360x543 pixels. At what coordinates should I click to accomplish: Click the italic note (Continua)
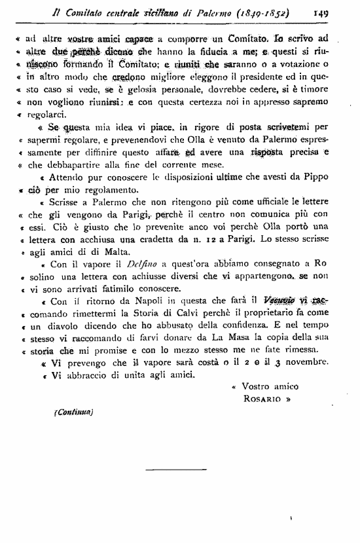click(74, 413)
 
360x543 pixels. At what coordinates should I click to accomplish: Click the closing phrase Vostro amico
click(266, 386)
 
